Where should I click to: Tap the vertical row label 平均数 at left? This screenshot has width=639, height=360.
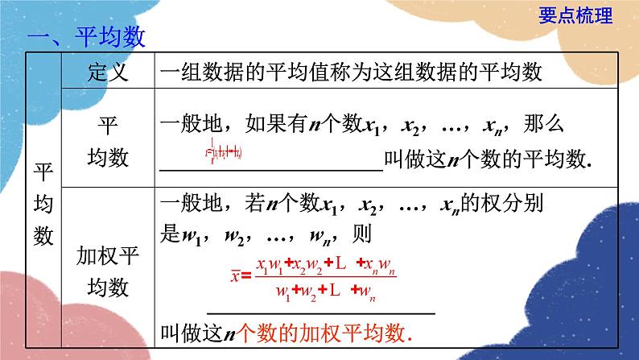tap(43, 204)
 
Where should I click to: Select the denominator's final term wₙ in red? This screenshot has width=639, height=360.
tap(369, 290)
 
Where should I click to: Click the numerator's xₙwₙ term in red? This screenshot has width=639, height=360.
tap(376, 263)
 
